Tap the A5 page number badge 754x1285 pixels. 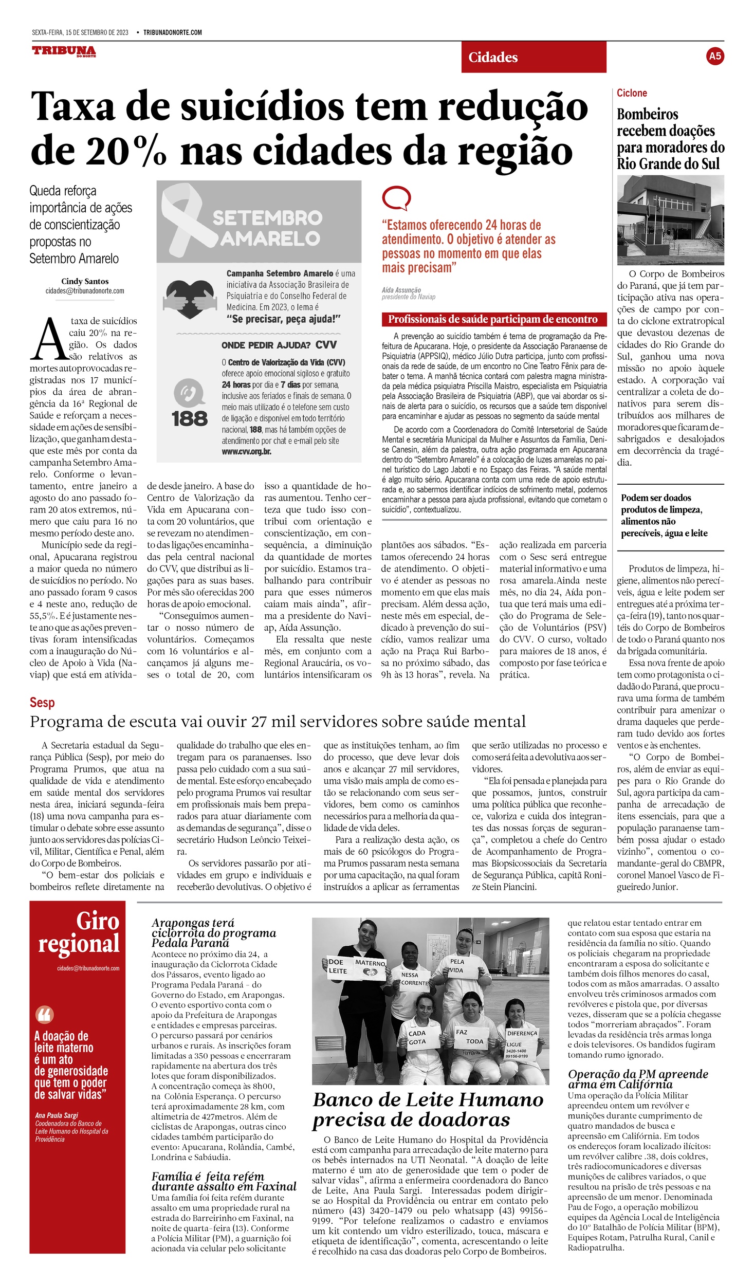pyautogui.click(x=715, y=56)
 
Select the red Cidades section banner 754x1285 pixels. pyautogui.click(x=534, y=57)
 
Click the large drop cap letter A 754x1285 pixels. pyautogui.click(x=49, y=340)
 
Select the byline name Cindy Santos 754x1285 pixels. pyautogui.click(x=85, y=281)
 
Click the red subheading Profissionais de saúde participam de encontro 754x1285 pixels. pyautogui.click(x=493, y=319)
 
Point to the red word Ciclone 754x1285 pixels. pyautogui.click(x=632, y=93)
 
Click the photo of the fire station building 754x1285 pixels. pyautogui.click(x=670, y=220)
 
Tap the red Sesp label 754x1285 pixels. pyautogui.click(x=42, y=702)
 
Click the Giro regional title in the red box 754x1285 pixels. pyautogui.click(x=80, y=932)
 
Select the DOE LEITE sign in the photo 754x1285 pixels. pyautogui.click(x=338, y=966)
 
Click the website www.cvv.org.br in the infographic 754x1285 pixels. pyautogui.click(x=246, y=451)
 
